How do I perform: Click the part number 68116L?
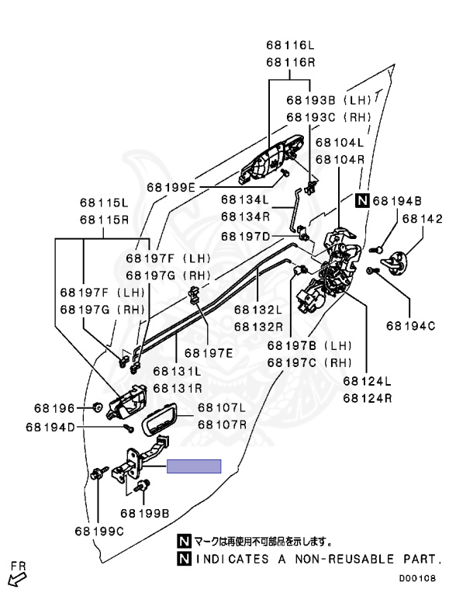pyautogui.click(x=291, y=45)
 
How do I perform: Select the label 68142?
pyautogui.click(x=423, y=219)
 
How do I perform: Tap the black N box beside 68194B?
pyautogui.click(x=362, y=200)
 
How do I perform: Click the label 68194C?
pyautogui.click(x=411, y=326)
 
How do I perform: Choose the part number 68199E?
pyautogui.click(x=171, y=187)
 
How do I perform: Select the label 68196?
pyautogui.click(x=54, y=408)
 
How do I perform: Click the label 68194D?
pyautogui.click(x=50, y=428)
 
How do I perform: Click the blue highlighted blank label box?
pyautogui.click(x=194, y=466)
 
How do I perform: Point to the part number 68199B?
pyautogui.click(x=145, y=514)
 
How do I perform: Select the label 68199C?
pyautogui.click(x=98, y=531)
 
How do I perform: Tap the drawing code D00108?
pyautogui.click(x=417, y=578)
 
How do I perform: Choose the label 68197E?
pyautogui.click(x=209, y=353)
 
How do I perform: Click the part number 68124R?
pyautogui.click(x=367, y=398)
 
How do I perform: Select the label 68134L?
pyautogui.click(x=245, y=199)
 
